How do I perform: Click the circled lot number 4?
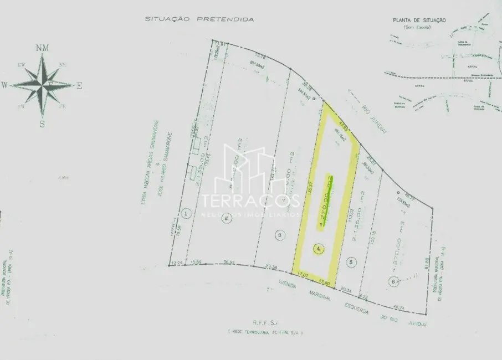tap(318, 249)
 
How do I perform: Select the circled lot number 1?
tap(187, 213)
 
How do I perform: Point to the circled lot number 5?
tap(350, 262)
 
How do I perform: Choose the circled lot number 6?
tap(393, 282)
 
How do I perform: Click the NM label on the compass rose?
tap(42, 48)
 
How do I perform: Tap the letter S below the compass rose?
tap(42, 124)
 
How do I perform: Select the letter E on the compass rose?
tap(79, 85)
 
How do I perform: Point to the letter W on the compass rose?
tap(4, 85)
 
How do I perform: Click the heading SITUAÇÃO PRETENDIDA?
tap(199, 19)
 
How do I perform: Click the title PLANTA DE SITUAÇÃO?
tap(419, 20)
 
